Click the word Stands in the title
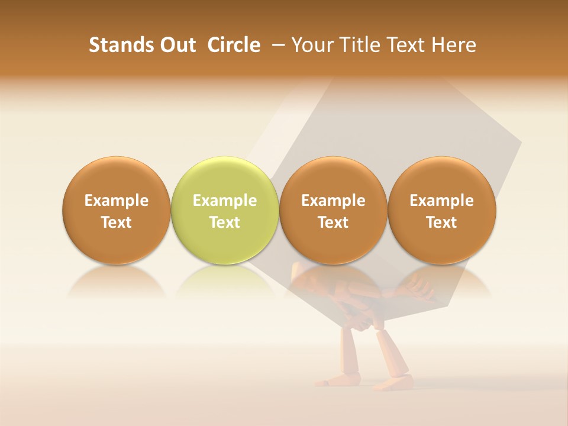(x=118, y=45)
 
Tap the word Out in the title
(x=176, y=45)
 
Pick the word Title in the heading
(x=355, y=45)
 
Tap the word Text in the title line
(x=402, y=45)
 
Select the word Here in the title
(x=453, y=45)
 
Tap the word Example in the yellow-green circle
(x=225, y=201)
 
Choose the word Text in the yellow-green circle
(x=225, y=222)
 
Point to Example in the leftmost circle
(x=117, y=201)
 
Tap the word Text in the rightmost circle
(x=442, y=222)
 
